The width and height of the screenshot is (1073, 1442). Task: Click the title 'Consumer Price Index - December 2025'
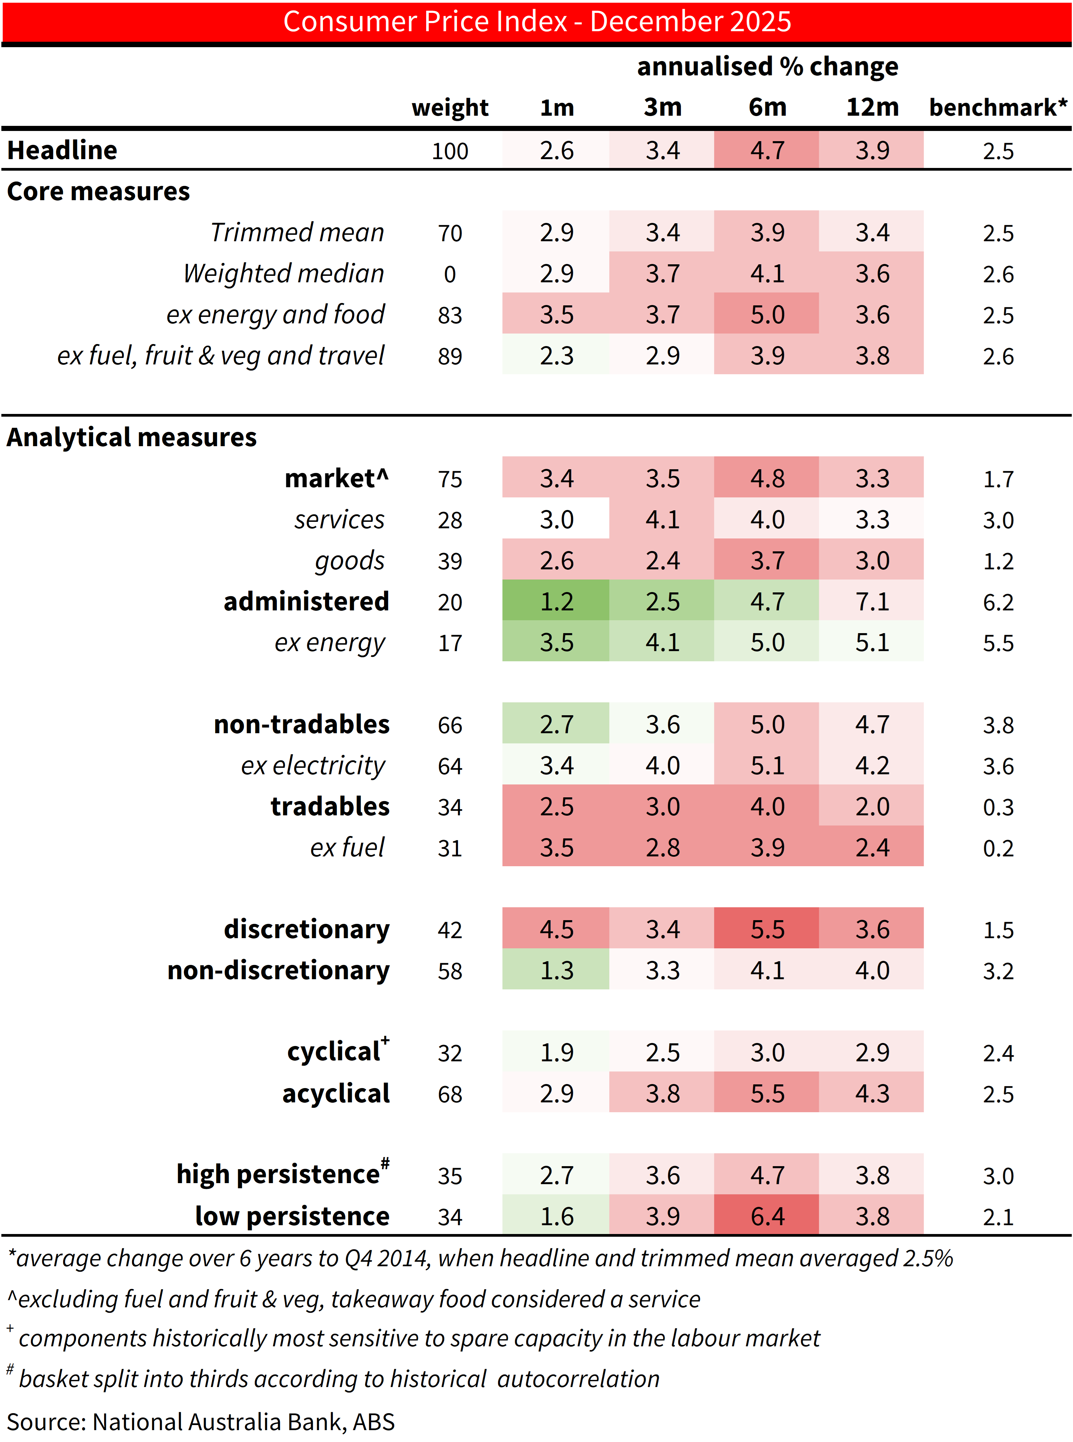[537, 21]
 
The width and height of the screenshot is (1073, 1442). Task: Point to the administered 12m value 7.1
[871, 602]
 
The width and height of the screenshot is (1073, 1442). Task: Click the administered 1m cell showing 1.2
[556, 602]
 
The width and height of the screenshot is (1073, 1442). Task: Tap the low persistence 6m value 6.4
[767, 1216]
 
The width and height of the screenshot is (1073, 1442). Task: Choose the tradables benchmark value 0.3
[998, 807]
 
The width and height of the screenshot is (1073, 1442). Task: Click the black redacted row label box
[198, 477]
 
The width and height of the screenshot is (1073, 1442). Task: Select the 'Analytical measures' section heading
[132, 437]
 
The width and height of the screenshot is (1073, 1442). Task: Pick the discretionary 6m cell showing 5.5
[767, 930]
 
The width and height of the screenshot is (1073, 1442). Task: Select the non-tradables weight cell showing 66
[449, 725]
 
